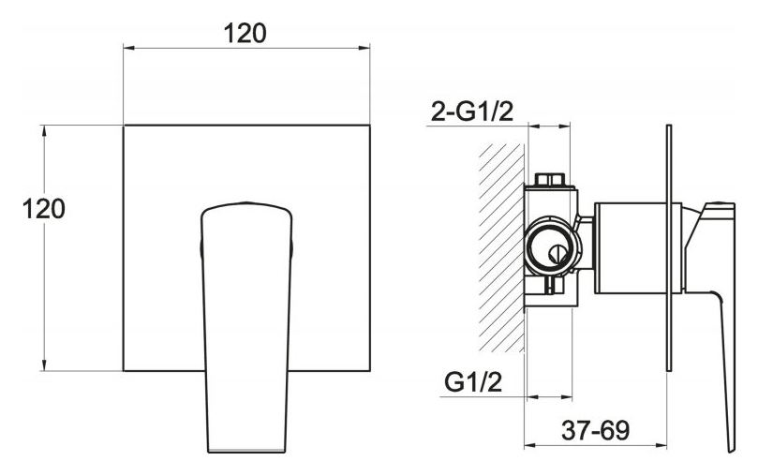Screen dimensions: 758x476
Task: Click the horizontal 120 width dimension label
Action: (x=245, y=34)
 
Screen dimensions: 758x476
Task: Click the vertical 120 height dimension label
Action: (x=43, y=209)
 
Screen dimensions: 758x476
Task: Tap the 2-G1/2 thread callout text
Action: (x=472, y=112)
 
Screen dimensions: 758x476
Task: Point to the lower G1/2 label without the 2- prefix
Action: (x=473, y=382)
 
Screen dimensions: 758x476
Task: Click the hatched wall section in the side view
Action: (x=501, y=248)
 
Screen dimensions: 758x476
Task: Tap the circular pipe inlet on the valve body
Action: (x=552, y=246)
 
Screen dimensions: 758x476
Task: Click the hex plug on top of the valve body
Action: (x=551, y=179)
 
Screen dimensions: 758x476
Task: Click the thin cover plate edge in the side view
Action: (x=669, y=248)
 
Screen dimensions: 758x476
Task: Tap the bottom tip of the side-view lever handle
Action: (x=732, y=451)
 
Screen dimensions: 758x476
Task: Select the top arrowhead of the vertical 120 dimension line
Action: (x=44, y=130)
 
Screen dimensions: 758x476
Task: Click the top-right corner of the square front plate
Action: (x=370, y=126)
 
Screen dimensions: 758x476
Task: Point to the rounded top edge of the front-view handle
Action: (x=246, y=203)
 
